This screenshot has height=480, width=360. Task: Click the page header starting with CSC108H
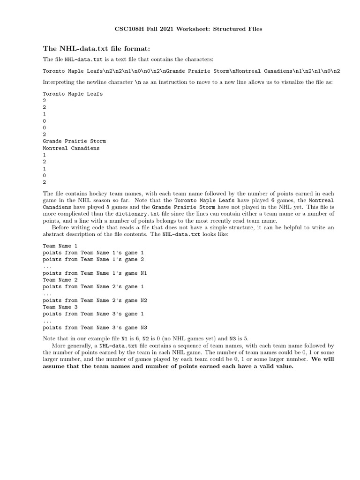point(188,29)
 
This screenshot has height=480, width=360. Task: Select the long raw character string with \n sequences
point(191,71)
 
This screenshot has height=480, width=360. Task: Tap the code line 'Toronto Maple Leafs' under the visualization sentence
point(73,94)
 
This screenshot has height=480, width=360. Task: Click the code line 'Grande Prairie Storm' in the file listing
point(74,141)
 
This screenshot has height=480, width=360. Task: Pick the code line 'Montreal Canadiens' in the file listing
point(71,148)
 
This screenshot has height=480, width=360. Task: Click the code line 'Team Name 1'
point(60,246)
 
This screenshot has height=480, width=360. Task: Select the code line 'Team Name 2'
point(60,280)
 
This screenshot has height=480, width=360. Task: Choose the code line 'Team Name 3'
point(60,307)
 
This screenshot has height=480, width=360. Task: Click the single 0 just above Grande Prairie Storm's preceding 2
point(44,127)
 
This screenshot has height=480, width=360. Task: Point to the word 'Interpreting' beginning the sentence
point(59,82)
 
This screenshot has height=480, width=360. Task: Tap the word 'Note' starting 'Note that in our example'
point(49,338)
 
